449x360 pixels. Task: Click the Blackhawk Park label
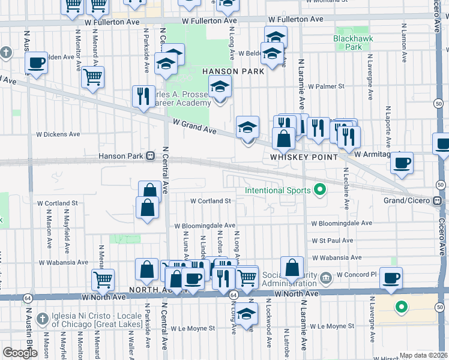click(x=348, y=42)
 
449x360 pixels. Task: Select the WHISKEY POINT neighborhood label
click(x=300, y=157)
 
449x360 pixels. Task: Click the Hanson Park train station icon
click(x=150, y=157)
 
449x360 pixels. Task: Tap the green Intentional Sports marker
click(x=319, y=191)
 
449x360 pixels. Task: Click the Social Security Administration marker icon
click(x=325, y=277)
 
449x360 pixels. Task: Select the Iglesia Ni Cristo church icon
click(x=42, y=317)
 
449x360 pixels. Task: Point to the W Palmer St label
click(x=324, y=86)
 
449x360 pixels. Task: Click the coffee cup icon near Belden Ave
click(x=36, y=62)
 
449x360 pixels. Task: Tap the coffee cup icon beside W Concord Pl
click(x=391, y=278)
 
